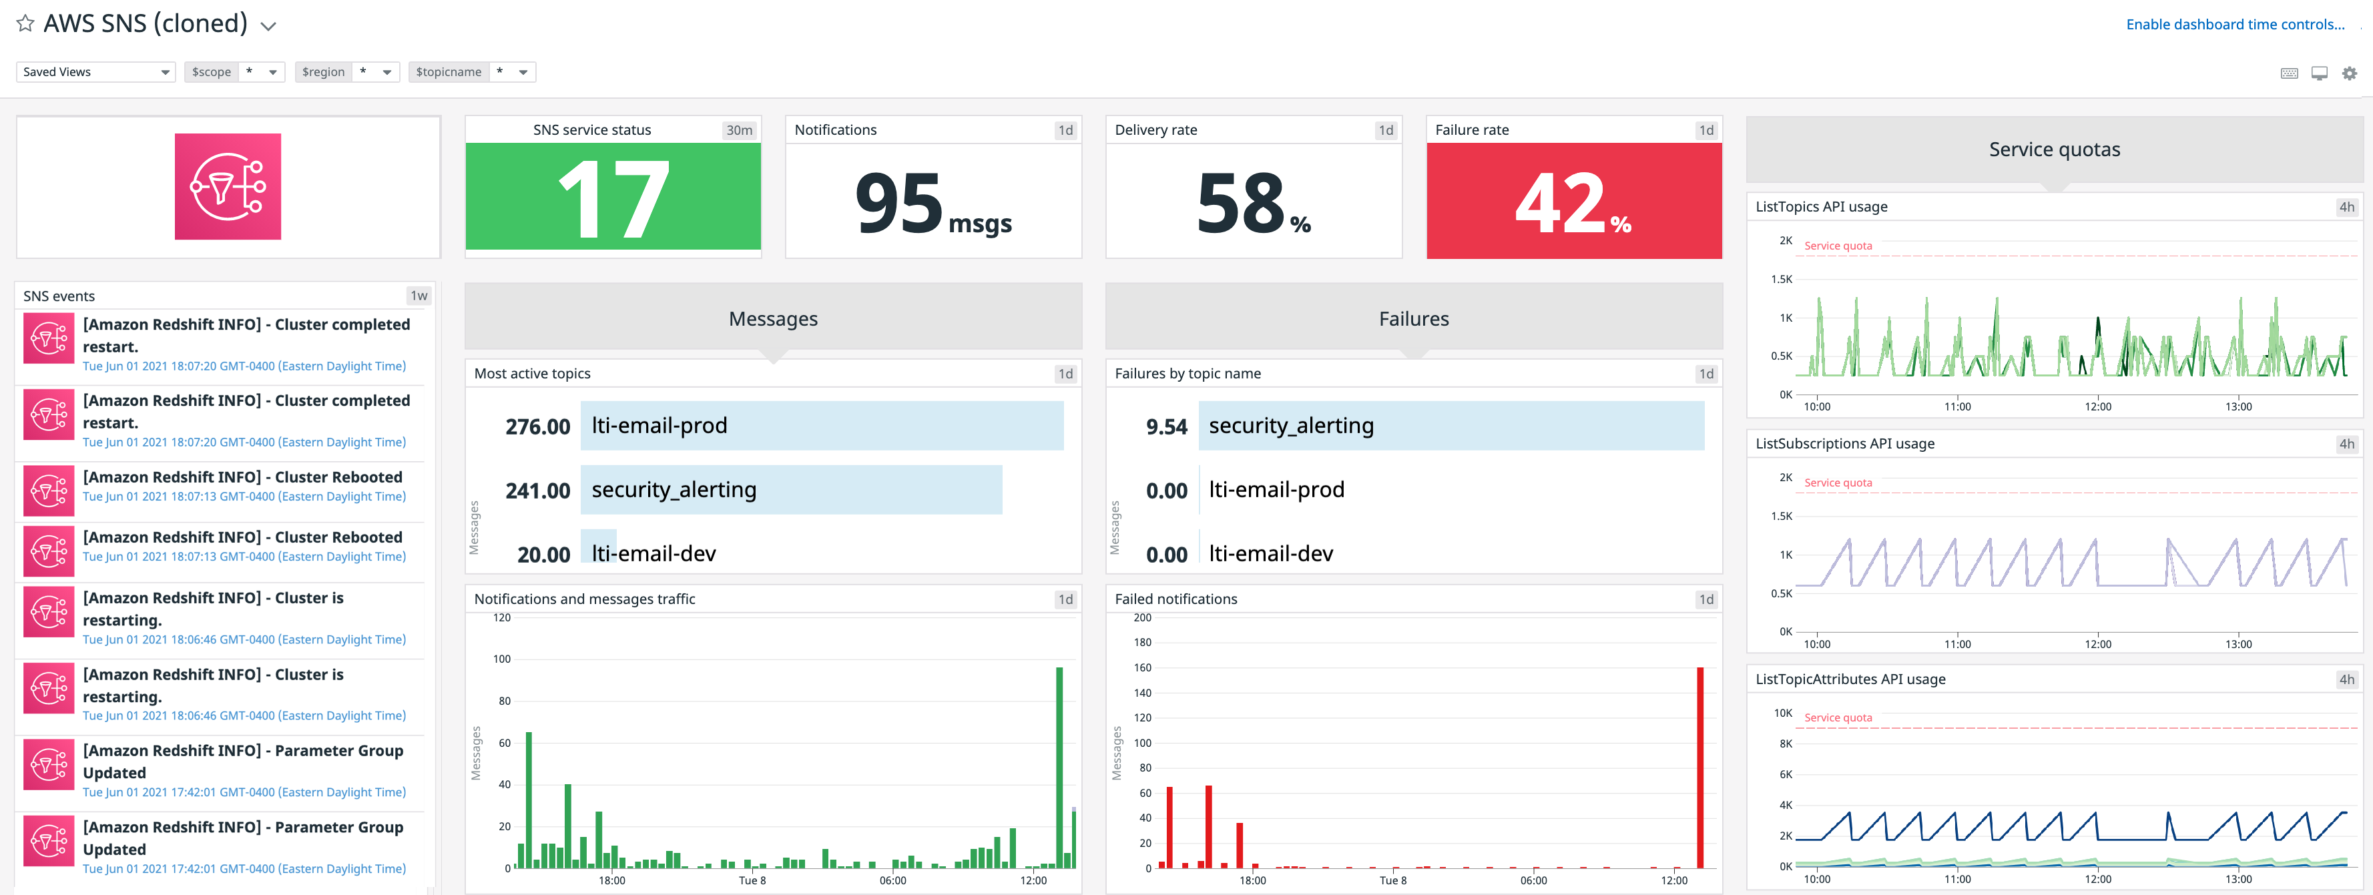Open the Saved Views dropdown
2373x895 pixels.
[95, 72]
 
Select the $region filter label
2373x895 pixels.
[322, 72]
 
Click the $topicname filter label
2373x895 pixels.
[448, 72]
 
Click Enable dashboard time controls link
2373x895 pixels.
[2234, 24]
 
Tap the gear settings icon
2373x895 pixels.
[2349, 73]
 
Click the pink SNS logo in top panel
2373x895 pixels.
[228, 187]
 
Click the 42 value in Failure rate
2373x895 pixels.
[1561, 204]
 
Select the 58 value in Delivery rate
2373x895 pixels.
[1240, 204]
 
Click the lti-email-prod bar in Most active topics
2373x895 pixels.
[821, 425]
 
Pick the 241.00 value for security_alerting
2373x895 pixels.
[537, 491]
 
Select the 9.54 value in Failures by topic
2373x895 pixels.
[1165, 426]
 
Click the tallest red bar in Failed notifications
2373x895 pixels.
[1699, 766]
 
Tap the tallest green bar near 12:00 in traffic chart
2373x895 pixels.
[1059, 766]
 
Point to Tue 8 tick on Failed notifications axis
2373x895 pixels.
[1394, 880]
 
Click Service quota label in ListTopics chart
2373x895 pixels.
[1837, 246]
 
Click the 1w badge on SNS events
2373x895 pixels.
[419, 296]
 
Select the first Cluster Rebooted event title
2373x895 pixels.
[242, 477]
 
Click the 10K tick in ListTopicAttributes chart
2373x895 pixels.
[1782, 713]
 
